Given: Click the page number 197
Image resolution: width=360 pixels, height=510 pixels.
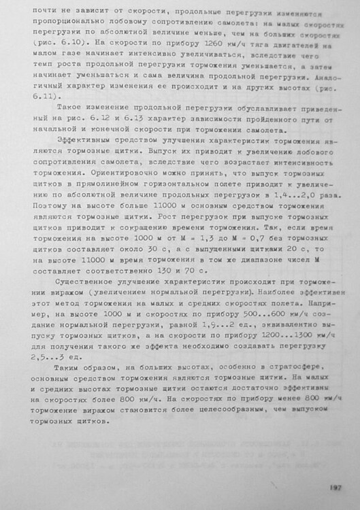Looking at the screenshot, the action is pyautogui.click(x=333, y=486).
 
